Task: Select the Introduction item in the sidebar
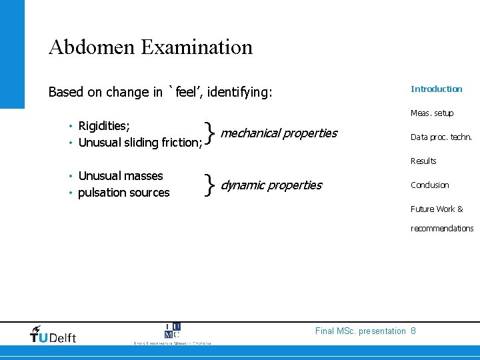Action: point(436,89)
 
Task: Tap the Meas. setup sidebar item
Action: point(432,113)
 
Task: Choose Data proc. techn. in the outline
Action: point(441,137)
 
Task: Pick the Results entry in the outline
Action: point(423,161)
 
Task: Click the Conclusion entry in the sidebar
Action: point(430,185)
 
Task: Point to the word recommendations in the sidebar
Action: point(442,228)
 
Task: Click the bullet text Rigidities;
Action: point(104,126)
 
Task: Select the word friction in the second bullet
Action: point(179,142)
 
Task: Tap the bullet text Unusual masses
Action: point(121,176)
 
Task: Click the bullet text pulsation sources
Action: point(124,193)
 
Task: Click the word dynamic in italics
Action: point(241,185)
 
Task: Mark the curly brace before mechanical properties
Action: point(211,134)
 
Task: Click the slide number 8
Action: point(413,331)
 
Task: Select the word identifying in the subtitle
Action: point(239,92)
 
